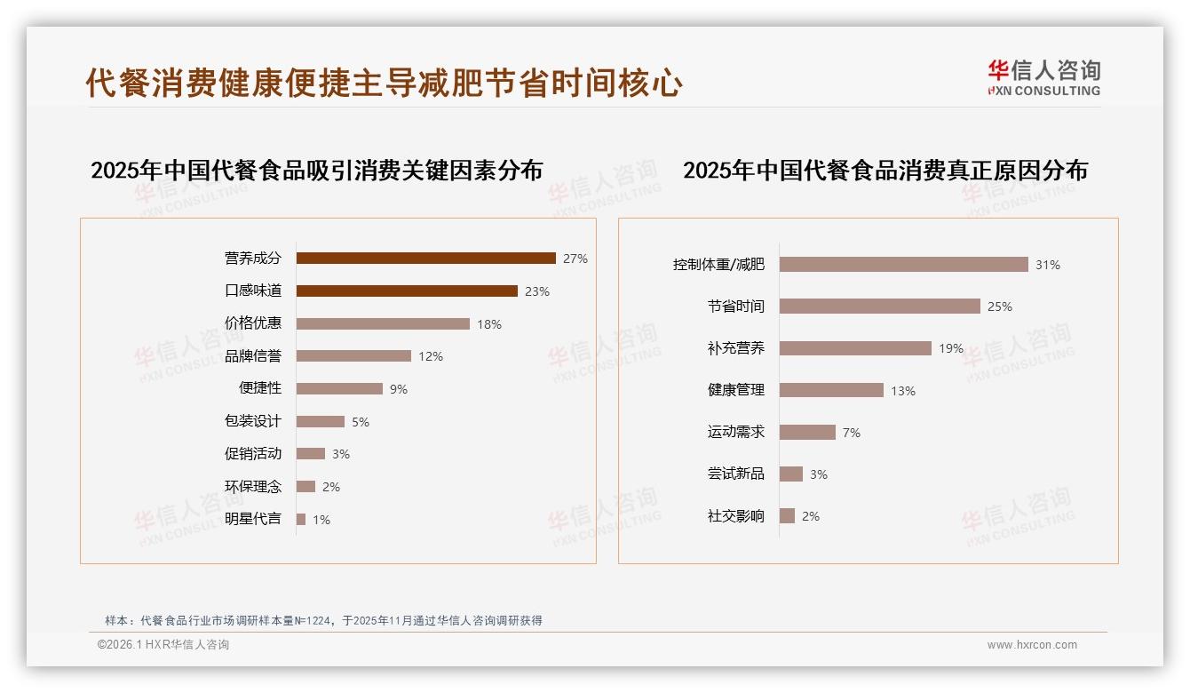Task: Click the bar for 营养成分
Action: (425, 259)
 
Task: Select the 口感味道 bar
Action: (407, 291)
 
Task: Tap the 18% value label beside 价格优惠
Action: (489, 324)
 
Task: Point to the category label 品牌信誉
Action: (253, 356)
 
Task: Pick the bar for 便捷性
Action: (339, 389)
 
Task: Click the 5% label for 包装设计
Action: (361, 422)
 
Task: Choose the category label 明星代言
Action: (253, 519)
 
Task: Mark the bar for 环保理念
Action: (305, 487)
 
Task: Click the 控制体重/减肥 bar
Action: (903, 265)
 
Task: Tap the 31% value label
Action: (1048, 265)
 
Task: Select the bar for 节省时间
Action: (879, 307)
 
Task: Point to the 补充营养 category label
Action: (736, 348)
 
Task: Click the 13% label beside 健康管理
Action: (903, 391)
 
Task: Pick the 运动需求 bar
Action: (807, 433)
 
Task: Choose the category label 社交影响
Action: (736, 516)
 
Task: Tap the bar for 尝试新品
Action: (791, 474)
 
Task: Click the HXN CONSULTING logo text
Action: (1044, 91)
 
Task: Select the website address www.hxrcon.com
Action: (1032, 645)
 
